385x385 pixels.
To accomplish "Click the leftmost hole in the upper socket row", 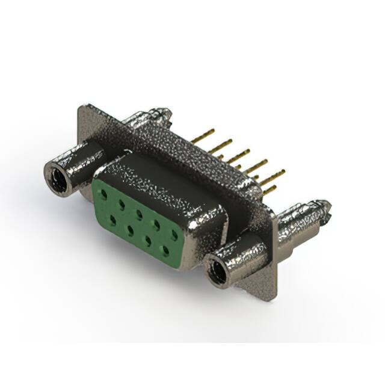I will (104, 194).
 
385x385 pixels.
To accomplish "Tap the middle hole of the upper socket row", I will (139, 214).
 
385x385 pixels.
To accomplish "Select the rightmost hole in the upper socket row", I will (174, 233).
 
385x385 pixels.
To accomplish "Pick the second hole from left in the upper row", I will (122, 204).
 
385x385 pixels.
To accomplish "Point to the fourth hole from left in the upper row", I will (156, 224).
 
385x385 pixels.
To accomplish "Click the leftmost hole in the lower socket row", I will (112, 220).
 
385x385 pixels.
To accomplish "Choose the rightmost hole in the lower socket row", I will (165, 250).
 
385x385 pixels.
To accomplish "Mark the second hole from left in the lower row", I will (129, 230).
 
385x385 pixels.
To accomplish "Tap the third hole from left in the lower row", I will (147, 239).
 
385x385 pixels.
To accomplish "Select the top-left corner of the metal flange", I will (81, 107).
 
